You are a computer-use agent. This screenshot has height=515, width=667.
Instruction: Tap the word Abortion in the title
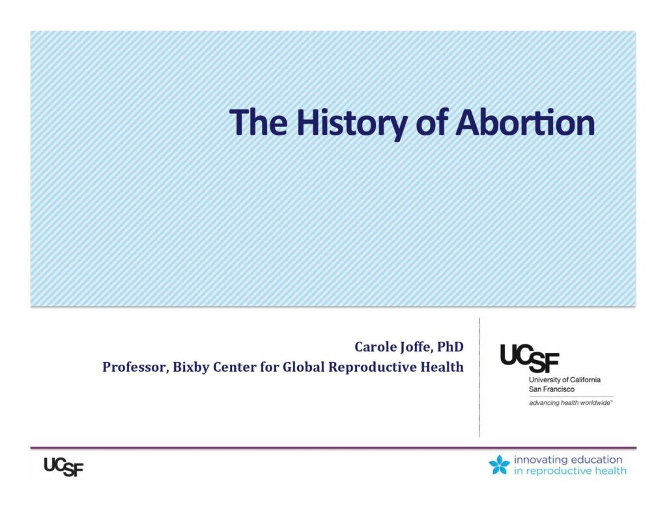[x=525, y=122]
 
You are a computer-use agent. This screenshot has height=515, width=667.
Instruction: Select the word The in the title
[x=258, y=122]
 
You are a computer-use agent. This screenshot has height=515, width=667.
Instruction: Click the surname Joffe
[x=417, y=347]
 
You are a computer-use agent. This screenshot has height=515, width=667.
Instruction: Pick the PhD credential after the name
[x=451, y=346]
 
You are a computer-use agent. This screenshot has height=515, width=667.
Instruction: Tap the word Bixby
[x=191, y=367]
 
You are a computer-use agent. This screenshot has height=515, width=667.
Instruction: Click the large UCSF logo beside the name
[x=530, y=358]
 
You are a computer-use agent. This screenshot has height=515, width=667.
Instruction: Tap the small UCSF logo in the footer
[x=64, y=467]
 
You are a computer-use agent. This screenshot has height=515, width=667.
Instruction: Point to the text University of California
[x=565, y=380]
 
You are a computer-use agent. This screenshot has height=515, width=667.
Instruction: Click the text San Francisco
[x=551, y=389]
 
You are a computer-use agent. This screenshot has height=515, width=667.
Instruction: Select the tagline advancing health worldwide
[x=571, y=403]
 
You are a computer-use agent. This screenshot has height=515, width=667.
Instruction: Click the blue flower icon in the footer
[x=500, y=464]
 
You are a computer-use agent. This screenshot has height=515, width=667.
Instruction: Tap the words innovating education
[x=568, y=460]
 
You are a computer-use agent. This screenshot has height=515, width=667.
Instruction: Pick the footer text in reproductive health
[x=570, y=471]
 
